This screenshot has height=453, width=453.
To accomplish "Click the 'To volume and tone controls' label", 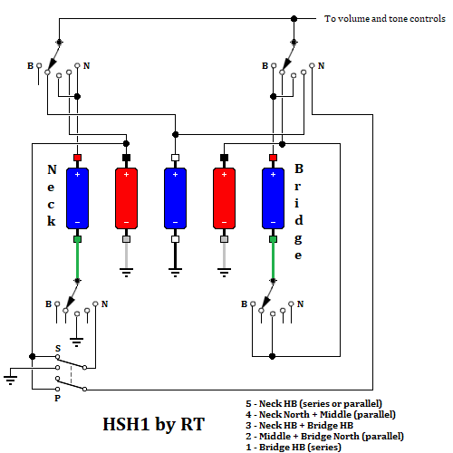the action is pos(385,19).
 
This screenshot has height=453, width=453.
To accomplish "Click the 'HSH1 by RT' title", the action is pos(154,424).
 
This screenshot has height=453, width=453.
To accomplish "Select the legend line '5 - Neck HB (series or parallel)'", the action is pos(313,404).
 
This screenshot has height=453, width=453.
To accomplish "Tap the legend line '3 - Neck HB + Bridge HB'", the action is pos(299,426).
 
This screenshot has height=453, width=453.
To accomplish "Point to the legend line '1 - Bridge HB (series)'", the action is pos(294,448).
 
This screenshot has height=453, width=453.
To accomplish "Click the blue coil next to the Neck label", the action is pos(77,198).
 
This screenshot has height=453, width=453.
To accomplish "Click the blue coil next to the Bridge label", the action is pos(273,198).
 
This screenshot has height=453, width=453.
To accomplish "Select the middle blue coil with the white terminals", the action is pos(175,198).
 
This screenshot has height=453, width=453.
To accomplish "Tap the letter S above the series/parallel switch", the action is pos(58,349).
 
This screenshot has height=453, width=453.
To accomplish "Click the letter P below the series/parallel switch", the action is pos(57,399).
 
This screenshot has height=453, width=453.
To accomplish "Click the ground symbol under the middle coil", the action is pos(175,273).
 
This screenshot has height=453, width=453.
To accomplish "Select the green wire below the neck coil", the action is pos(77,260).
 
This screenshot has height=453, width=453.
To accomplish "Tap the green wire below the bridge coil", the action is pos(273,260).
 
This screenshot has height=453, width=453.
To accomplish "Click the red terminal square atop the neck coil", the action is pos(77,158).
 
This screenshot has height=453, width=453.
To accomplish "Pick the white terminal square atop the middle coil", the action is pos(175,158).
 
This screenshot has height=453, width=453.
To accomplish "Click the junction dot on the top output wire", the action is pos(294,19).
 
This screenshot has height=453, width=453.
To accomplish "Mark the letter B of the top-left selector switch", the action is pos(30,66).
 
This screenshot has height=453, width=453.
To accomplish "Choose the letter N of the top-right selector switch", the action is pos(321,66).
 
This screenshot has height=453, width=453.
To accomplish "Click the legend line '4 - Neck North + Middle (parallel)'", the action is pos(321,415).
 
